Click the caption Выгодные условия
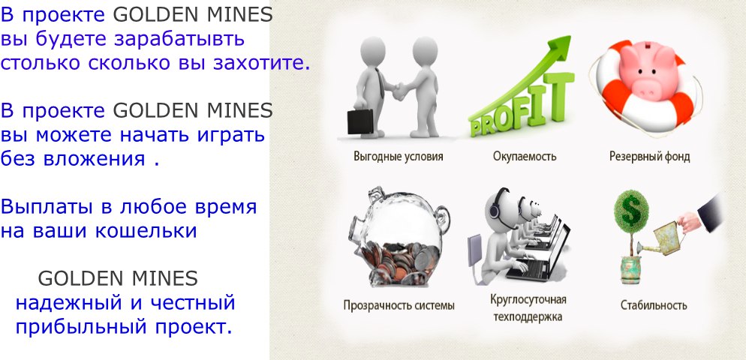[399, 157]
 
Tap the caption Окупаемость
[525, 157]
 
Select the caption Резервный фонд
[649, 157]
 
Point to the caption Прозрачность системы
[399, 305]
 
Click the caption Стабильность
[654, 305]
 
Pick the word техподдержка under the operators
[528, 317]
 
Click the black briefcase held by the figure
[360, 121]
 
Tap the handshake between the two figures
[399, 89]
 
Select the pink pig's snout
[649, 86]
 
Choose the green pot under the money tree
[631, 270]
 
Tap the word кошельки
[146, 231]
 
